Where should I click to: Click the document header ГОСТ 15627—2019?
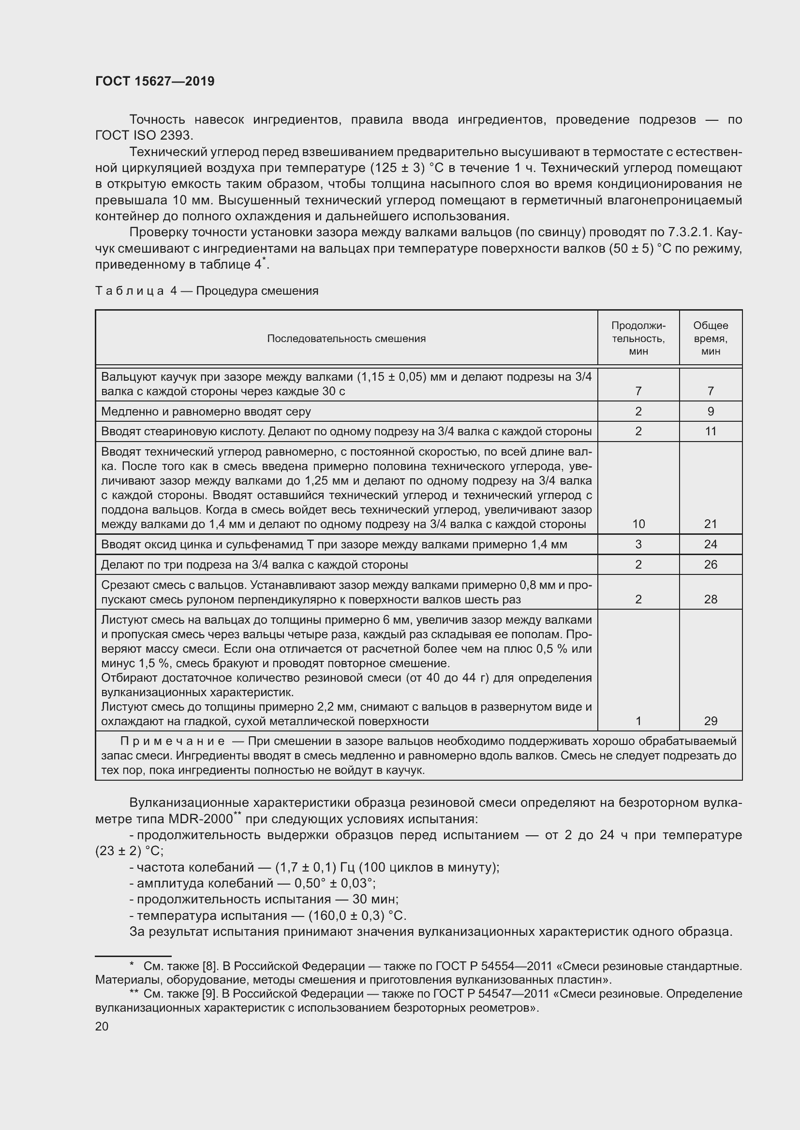click(155, 82)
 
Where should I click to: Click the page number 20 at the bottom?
click(102, 1026)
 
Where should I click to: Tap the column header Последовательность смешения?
click(346, 339)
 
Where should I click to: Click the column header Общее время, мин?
click(711, 338)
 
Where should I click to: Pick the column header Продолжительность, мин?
click(638, 338)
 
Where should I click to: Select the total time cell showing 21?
click(711, 524)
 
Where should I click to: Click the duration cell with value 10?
click(638, 524)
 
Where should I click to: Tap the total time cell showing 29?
click(711, 721)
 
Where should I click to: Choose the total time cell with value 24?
click(711, 544)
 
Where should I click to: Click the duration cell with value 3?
click(638, 544)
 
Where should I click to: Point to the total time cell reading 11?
click(711, 431)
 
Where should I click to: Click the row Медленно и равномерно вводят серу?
click(206, 412)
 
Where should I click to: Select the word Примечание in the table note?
click(172, 741)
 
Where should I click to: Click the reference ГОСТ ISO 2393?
click(144, 135)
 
